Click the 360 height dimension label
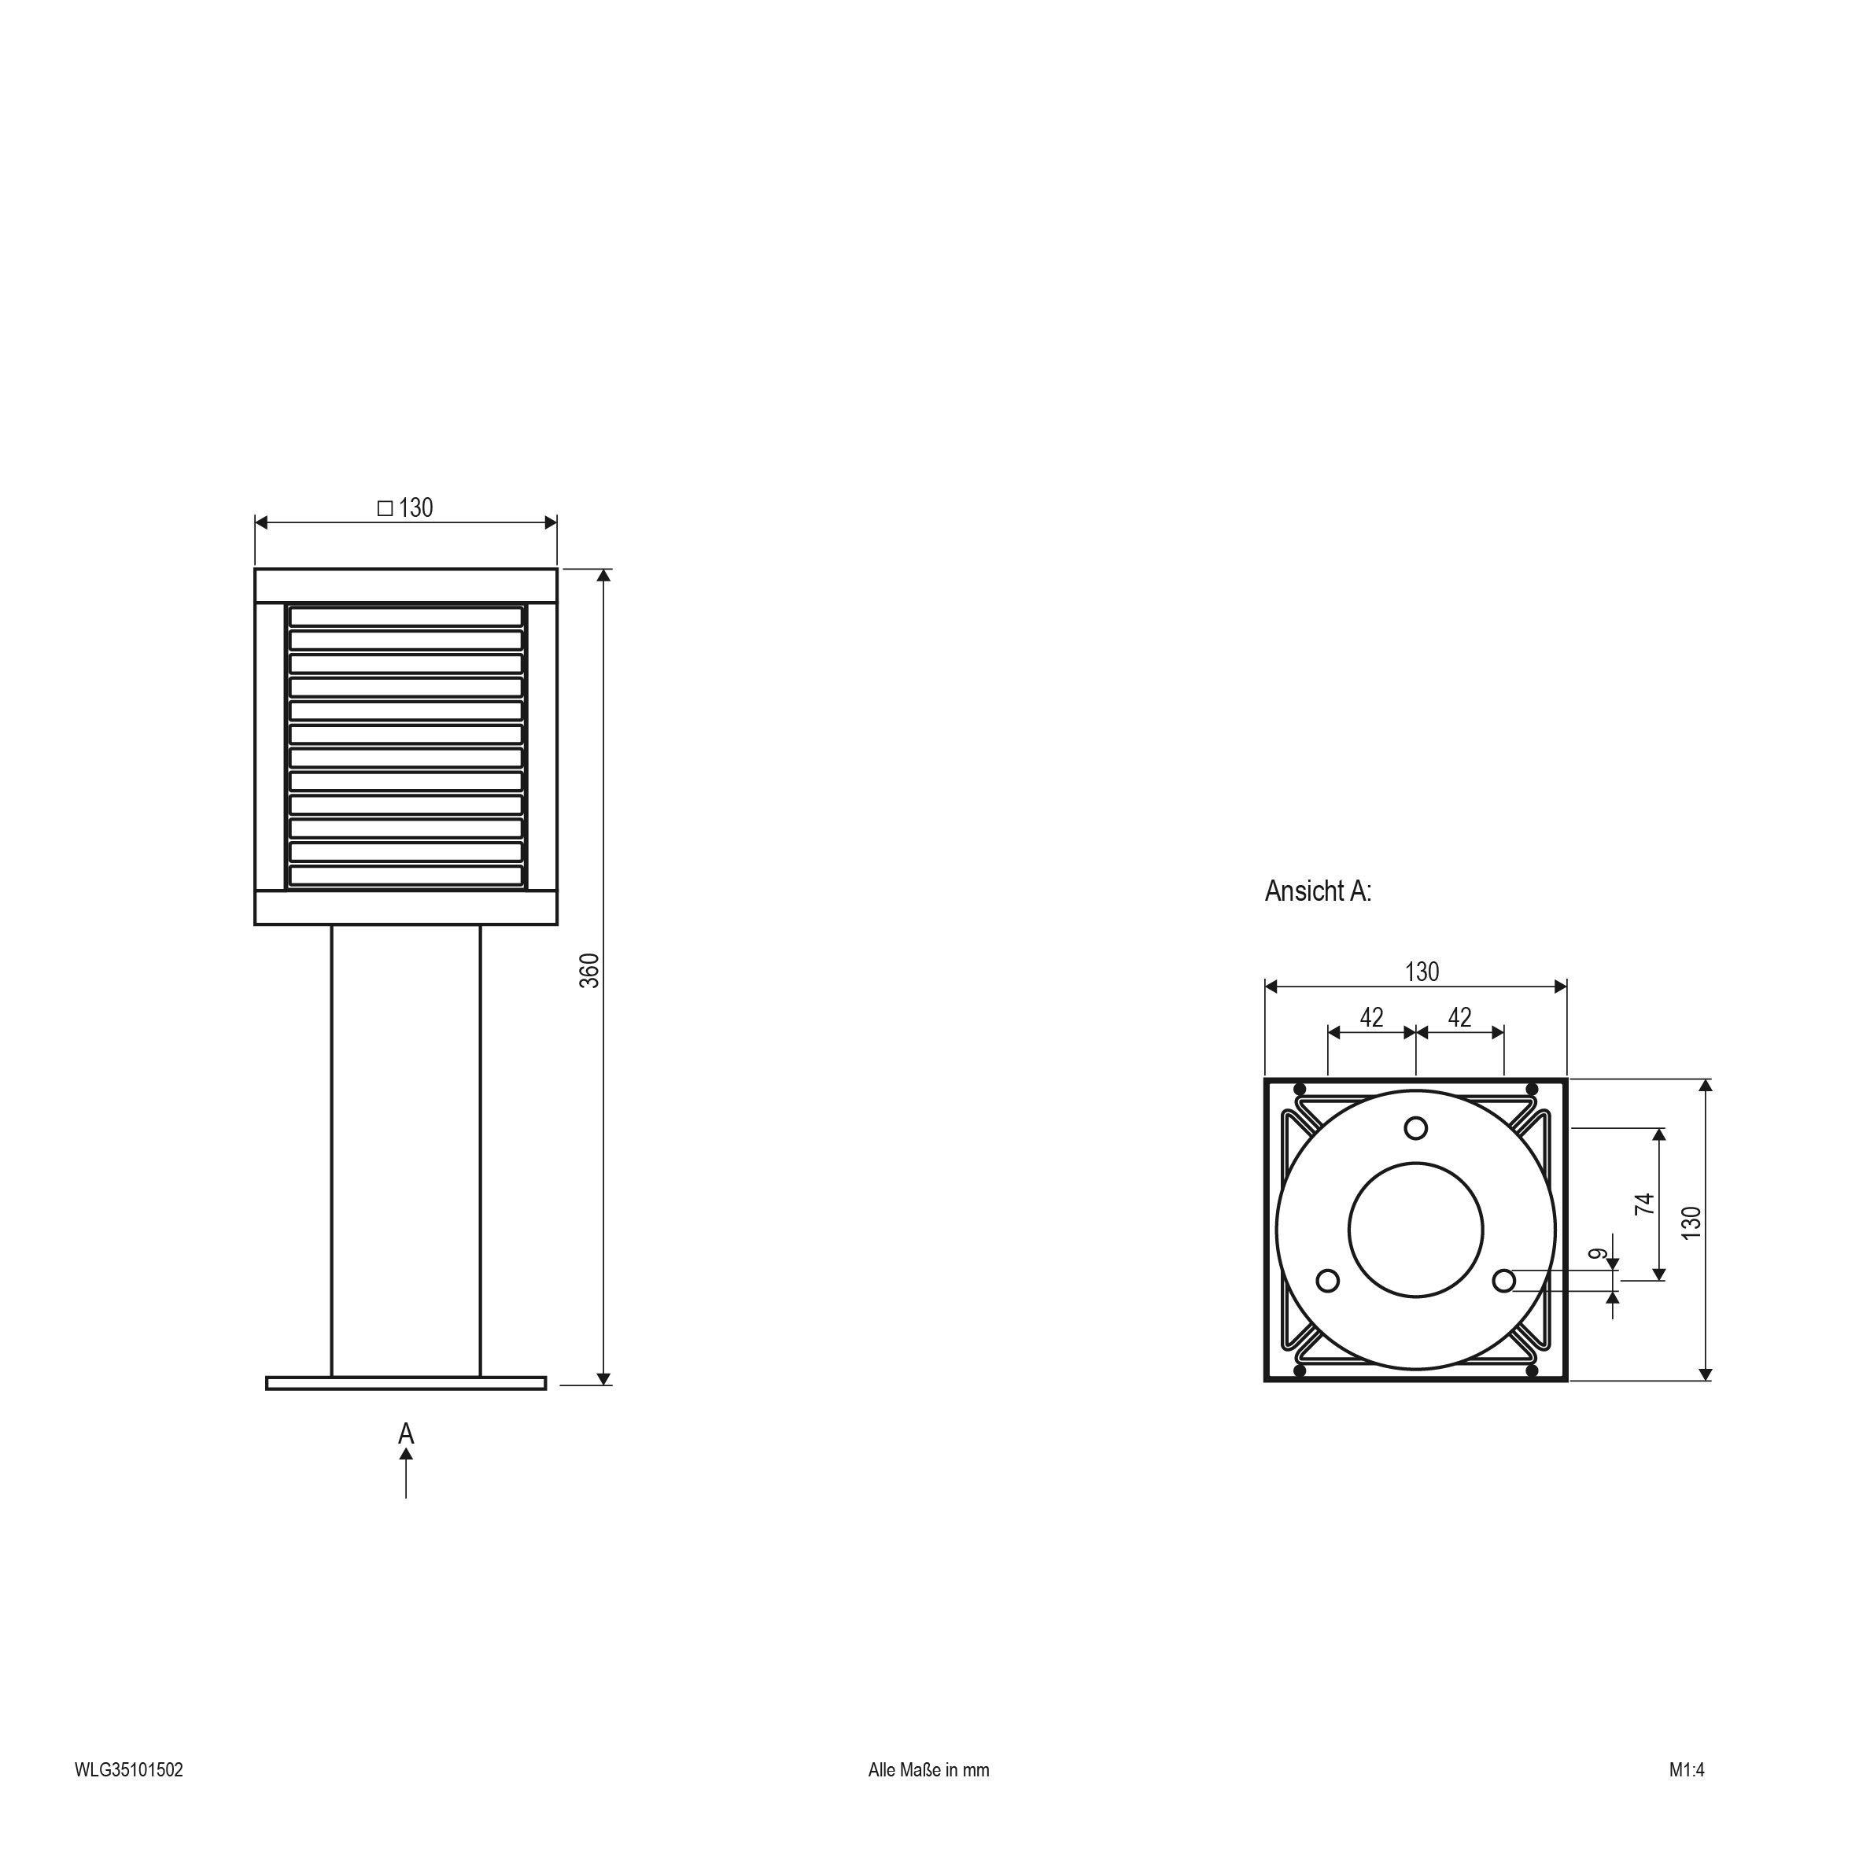pyautogui.click(x=589, y=970)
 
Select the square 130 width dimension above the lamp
pyautogui.click(x=405, y=507)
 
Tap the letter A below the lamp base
pyautogui.click(x=406, y=1433)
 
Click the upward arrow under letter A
pyautogui.click(x=406, y=1474)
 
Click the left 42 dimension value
pyautogui.click(x=1371, y=1017)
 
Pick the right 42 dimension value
pyautogui.click(x=1459, y=1017)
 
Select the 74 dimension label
pyautogui.click(x=1645, y=1203)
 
